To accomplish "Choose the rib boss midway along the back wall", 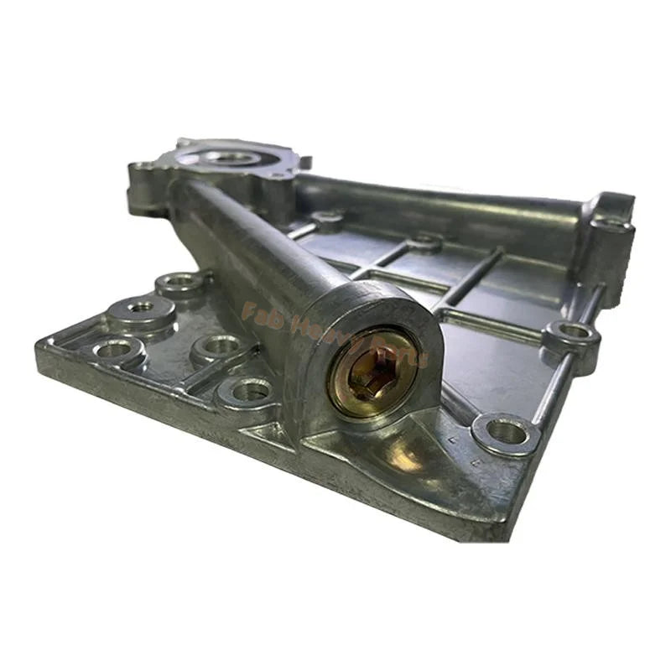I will coord(424,244).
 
